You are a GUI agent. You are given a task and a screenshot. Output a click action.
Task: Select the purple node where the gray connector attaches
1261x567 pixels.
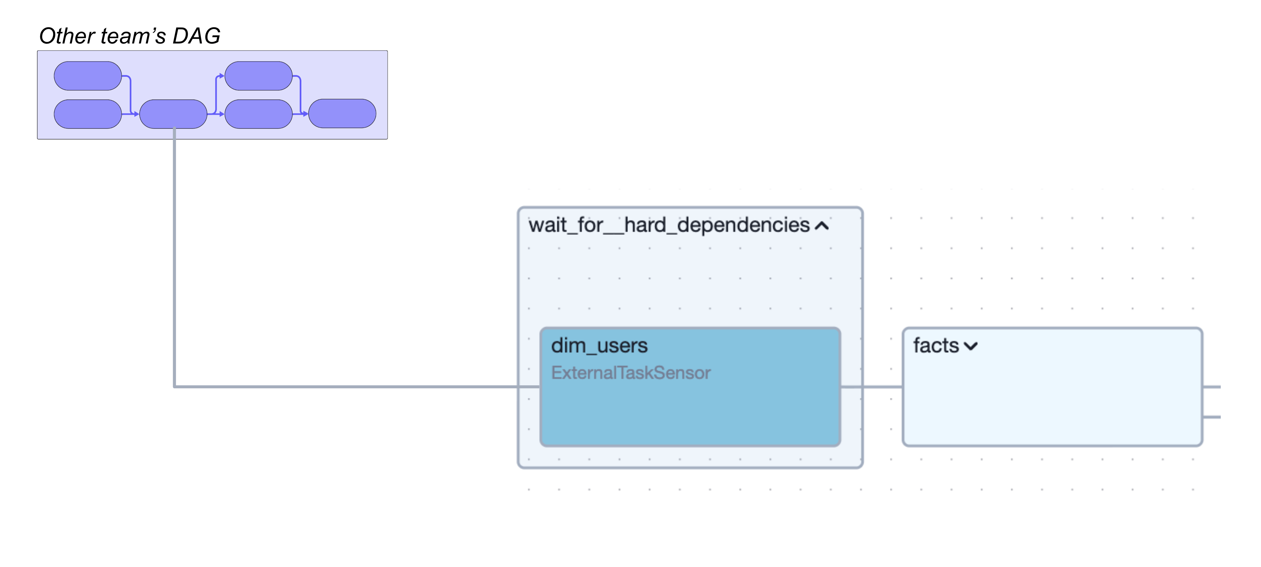point(173,114)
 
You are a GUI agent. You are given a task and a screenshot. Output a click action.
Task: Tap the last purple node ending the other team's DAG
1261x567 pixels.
point(342,113)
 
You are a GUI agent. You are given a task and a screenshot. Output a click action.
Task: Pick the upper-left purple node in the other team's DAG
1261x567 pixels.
point(88,76)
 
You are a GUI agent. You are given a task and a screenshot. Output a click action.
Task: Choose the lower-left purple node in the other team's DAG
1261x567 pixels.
point(88,114)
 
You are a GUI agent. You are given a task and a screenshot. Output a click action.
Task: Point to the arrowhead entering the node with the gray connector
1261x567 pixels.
point(136,114)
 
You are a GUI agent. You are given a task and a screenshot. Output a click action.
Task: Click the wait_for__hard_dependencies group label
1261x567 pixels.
point(669,226)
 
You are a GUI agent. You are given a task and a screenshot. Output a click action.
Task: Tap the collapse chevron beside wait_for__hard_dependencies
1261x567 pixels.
point(822,226)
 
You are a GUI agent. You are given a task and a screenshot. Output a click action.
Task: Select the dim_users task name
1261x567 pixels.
point(599,346)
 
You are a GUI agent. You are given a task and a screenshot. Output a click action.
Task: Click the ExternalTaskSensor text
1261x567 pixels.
point(630,373)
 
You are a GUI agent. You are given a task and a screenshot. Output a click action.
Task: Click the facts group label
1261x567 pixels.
point(935,346)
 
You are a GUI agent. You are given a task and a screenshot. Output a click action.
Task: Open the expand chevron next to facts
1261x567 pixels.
point(971,346)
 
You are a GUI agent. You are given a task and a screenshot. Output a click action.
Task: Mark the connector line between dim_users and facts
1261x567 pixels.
point(871,387)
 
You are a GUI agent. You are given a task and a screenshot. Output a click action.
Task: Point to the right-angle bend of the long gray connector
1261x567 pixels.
point(175,386)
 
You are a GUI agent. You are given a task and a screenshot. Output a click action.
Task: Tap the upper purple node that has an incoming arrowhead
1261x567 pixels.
point(258,76)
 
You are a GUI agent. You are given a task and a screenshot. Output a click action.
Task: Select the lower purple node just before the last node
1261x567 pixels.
point(258,114)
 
